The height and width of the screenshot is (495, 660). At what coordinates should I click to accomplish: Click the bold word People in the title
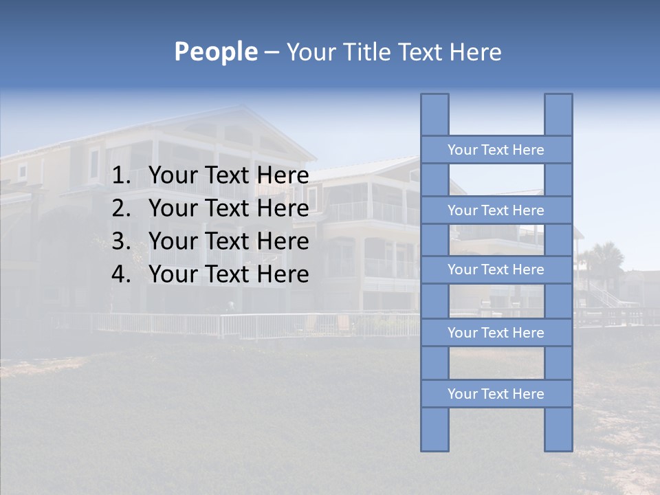pyautogui.click(x=216, y=52)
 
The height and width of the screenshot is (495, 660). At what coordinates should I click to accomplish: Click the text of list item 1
pyautogui.click(x=228, y=176)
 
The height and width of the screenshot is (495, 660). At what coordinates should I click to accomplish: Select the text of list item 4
pyautogui.click(x=228, y=274)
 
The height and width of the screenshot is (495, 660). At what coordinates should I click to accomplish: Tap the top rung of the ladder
pyautogui.click(x=496, y=150)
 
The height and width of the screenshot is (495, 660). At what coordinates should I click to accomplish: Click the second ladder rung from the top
pyautogui.click(x=496, y=210)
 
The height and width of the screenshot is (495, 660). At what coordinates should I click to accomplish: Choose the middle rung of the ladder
pyautogui.click(x=496, y=270)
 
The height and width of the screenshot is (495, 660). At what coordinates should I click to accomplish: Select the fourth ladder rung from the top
pyautogui.click(x=496, y=333)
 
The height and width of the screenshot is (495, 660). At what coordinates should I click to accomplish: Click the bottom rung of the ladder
pyautogui.click(x=496, y=394)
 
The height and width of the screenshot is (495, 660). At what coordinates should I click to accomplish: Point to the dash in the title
pyautogui.click(x=271, y=52)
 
